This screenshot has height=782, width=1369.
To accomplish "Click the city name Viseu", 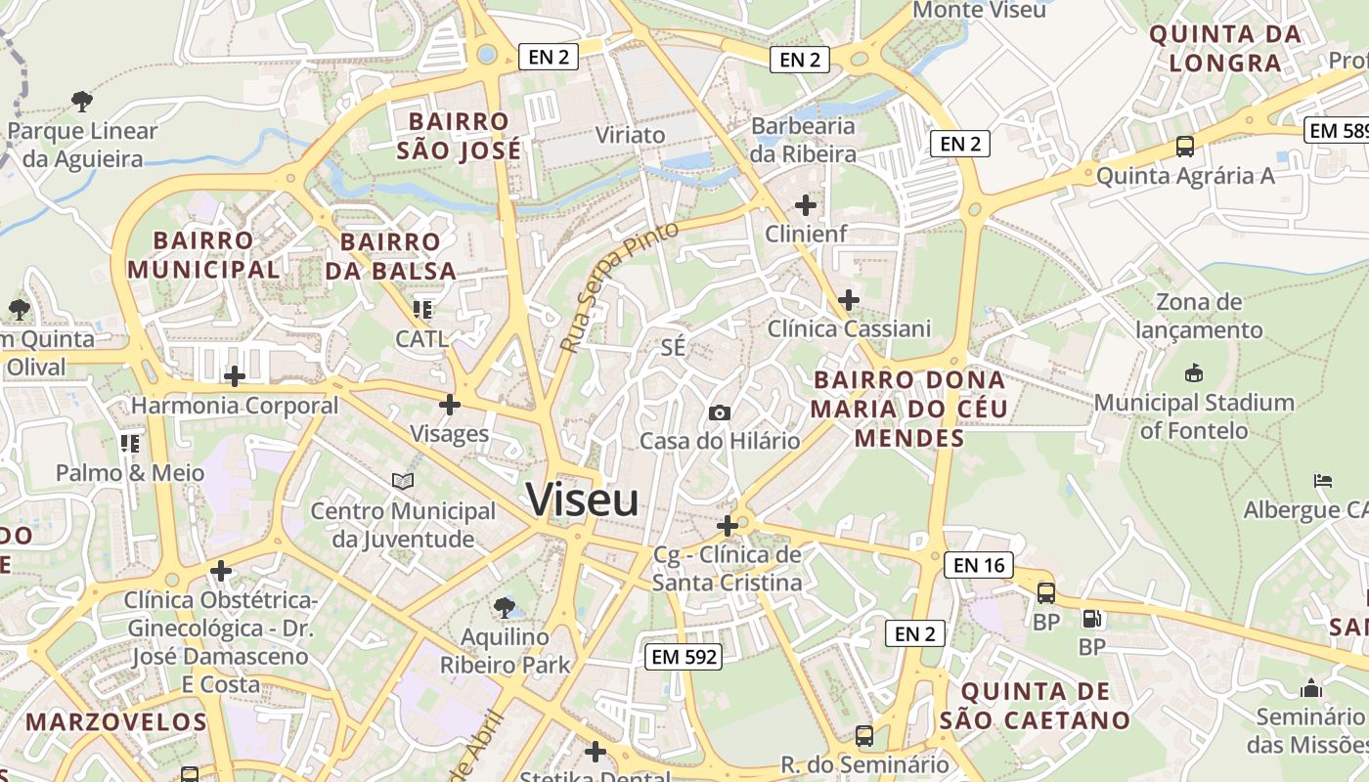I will [583, 500].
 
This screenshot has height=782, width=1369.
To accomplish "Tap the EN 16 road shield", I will [979, 565].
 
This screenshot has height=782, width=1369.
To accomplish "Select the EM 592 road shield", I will [684, 657].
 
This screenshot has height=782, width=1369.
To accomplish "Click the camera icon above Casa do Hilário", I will [720, 413].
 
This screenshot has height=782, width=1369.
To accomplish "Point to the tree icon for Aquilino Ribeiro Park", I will [505, 608].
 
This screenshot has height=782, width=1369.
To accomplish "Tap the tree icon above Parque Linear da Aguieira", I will [82, 101].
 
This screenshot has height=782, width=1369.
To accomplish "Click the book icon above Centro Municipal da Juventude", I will [403, 481].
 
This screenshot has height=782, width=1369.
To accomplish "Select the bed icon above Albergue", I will [1323, 481].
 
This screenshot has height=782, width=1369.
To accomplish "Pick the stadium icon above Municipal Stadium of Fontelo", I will [1193, 373].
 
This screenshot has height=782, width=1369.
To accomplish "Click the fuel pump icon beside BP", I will [1091, 618].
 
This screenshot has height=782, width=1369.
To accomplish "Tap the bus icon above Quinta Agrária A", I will [1185, 148].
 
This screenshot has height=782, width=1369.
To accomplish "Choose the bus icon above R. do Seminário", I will [864, 735].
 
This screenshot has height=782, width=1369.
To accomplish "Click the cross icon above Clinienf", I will [806, 205].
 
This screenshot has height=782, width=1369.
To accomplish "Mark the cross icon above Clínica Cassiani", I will [849, 300].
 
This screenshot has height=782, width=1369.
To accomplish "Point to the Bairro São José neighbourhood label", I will [460, 136].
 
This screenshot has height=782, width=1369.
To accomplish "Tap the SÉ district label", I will [673, 347].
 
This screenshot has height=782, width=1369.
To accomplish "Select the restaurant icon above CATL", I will [422, 311].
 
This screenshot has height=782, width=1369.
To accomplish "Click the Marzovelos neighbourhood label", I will [116, 722].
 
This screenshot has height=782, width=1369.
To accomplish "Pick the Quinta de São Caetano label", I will [1036, 706].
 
